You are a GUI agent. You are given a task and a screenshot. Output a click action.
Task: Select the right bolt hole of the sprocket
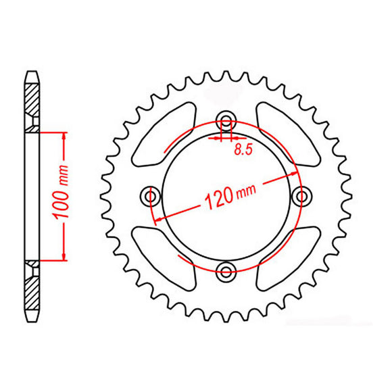point(301,195)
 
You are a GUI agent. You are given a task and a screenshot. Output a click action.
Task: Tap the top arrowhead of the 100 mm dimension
point(64,135)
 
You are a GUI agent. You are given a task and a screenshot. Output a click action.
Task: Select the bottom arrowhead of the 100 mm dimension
point(64,257)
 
